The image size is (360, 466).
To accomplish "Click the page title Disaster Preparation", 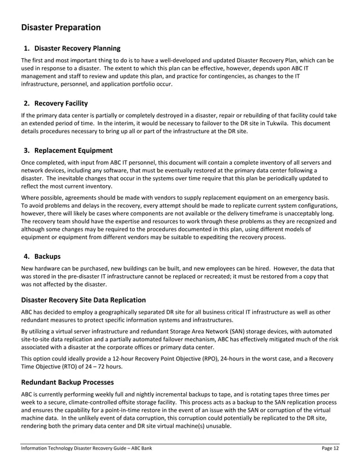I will pyautogui.click(x=61, y=28).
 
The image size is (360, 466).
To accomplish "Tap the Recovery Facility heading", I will pyautogui.click(x=61, y=103).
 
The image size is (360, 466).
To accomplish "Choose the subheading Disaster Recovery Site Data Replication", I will pyautogui.click(x=84, y=300).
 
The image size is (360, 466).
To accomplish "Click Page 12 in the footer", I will pyautogui.click(x=330, y=449).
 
